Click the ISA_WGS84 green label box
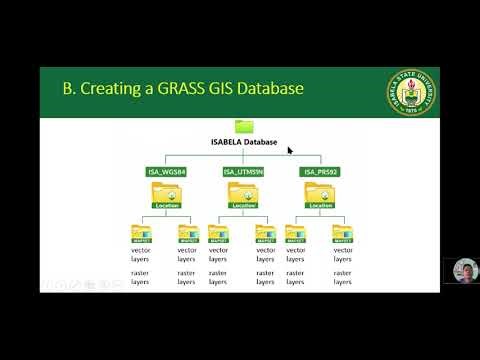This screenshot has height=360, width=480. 166,173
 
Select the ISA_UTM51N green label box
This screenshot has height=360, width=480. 243,173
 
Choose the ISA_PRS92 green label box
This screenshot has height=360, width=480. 320,173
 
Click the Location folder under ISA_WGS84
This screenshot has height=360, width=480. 166,196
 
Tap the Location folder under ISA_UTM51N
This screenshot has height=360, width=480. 243,196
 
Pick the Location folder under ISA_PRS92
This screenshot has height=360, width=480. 320,196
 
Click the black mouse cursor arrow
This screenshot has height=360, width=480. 290,151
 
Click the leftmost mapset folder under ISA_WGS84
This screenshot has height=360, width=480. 141,235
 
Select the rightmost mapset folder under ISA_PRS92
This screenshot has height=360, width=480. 342,235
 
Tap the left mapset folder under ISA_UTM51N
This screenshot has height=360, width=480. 219,235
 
